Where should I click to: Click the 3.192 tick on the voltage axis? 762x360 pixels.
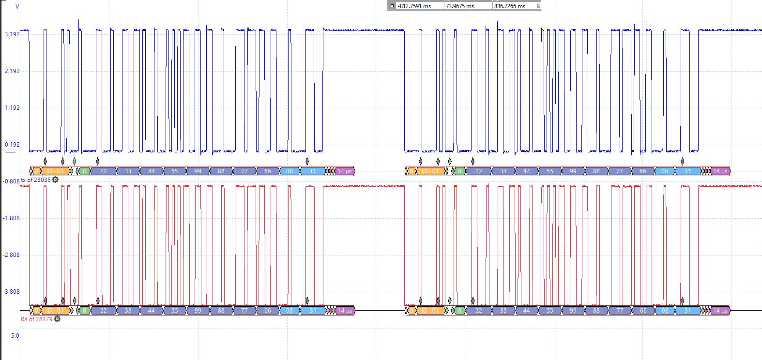(x=12, y=34)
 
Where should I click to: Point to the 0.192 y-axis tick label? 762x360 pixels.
(x=12, y=144)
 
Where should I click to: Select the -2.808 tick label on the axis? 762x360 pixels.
(x=11, y=255)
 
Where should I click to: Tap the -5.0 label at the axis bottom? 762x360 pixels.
(x=14, y=335)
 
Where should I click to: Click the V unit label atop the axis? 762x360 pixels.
(x=17, y=7)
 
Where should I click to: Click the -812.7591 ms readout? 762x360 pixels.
(x=414, y=6)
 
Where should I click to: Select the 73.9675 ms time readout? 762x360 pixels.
(x=459, y=6)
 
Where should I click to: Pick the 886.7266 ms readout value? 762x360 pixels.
(x=509, y=6)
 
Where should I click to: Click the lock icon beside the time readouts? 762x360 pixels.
(x=538, y=6)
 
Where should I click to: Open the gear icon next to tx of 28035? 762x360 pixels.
(x=55, y=180)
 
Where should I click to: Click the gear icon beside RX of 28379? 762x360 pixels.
(x=57, y=319)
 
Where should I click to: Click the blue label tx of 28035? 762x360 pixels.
(x=35, y=180)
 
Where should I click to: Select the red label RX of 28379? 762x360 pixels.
(x=37, y=319)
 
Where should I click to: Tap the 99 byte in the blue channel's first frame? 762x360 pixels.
(x=198, y=171)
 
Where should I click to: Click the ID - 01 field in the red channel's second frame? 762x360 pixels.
(x=429, y=311)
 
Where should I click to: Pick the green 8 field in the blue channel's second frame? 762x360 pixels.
(x=459, y=171)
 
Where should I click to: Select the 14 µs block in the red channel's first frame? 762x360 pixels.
(x=345, y=311)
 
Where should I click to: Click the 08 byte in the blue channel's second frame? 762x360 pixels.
(x=665, y=171)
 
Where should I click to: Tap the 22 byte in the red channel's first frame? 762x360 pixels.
(x=103, y=311)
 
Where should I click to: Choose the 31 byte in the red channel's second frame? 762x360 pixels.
(x=687, y=311)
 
